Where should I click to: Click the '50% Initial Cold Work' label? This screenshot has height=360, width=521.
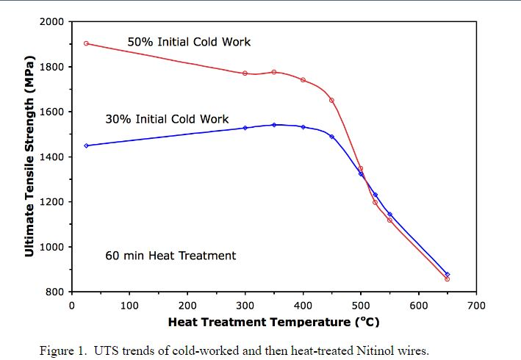pos(189,42)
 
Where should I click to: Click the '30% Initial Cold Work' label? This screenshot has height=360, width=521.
pos(167,119)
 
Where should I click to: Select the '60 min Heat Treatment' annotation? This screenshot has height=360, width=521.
pos(170,256)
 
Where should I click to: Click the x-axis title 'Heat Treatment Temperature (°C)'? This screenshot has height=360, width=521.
pos(273,322)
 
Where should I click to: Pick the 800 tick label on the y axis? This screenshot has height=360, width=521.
pos(55,292)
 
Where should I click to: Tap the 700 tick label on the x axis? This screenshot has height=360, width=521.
pos(477,305)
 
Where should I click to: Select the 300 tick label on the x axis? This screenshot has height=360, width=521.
pos(245,305)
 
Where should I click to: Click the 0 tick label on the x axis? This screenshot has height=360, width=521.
pos(71,305)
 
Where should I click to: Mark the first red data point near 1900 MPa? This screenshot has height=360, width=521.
pos(86,43)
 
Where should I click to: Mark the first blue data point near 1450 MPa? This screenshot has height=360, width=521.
pos(86,145)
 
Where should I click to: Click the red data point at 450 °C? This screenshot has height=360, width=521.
pos(331,100)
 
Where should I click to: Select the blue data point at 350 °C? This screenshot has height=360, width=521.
pos(274,125)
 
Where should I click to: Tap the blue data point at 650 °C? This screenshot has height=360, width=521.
pos(447,274)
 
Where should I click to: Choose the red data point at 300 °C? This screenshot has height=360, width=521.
pos(245,73)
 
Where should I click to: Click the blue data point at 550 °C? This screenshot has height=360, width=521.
pos(389,215)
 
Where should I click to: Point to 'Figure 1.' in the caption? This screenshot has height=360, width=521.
pos(63,350)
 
